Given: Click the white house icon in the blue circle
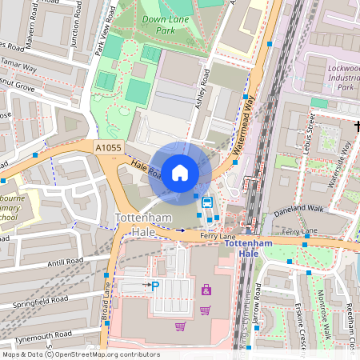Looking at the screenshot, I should tap(179, 172).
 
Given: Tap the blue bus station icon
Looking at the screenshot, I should tap(207, 202).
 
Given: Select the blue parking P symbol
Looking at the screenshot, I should tap(155, 285).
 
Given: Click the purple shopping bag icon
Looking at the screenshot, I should tap(206, 290).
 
